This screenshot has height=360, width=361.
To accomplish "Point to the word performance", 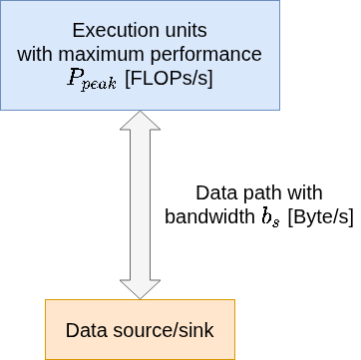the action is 206,56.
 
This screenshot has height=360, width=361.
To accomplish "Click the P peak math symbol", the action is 92,80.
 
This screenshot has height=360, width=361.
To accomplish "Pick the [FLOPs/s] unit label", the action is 169,80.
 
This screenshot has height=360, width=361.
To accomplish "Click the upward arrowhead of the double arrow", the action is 140,121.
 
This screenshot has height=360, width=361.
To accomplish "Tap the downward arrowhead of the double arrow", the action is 140,289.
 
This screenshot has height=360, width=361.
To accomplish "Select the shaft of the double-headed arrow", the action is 140,204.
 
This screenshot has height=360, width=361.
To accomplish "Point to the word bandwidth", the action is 209,217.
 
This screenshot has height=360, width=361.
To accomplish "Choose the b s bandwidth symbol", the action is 270,217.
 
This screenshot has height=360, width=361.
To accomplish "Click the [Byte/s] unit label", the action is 320,217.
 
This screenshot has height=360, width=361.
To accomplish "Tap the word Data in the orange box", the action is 87,330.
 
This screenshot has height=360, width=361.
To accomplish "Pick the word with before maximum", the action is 36,54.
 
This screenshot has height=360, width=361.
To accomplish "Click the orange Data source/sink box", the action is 140,329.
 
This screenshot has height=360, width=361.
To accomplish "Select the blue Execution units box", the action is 140,55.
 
